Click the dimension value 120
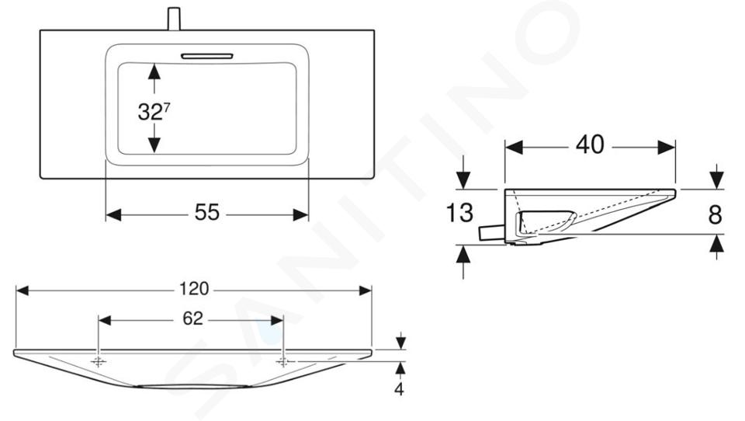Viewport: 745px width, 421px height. point(194,289)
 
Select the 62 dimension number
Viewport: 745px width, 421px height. point(193,318)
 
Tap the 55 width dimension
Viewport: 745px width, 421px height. point(207,213)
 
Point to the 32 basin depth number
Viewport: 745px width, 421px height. point(150,113)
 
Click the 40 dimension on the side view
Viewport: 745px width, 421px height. point(590,144)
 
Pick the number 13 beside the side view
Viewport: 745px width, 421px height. point(459,213)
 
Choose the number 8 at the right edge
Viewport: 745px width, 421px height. point(715,214)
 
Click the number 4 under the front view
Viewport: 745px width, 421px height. point(399,388)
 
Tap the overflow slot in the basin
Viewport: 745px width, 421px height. point(206,56)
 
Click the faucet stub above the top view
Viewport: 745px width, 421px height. point(174,19)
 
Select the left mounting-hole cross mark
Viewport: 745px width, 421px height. point(99,362)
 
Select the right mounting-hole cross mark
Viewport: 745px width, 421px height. point(283,362)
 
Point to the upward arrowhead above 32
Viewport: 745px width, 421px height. point(154,71)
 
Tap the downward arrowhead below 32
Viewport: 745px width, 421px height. point(154,144)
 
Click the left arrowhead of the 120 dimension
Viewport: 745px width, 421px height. point(23,291)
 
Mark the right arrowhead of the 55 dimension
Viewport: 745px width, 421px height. point(301,215)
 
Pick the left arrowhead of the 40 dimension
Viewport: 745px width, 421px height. point(514,148)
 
